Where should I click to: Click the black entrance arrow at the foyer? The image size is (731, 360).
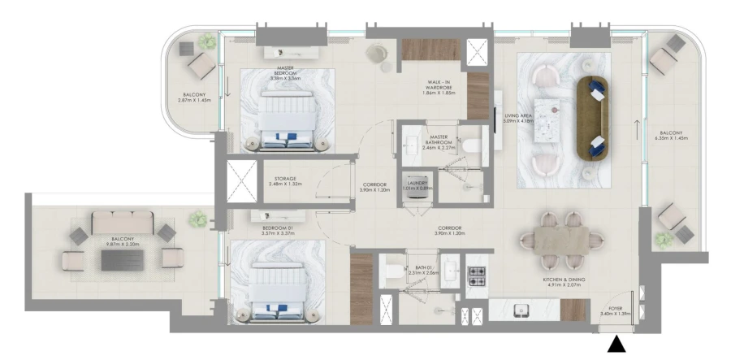coord(618,345)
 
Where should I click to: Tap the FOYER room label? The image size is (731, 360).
coord(616,310)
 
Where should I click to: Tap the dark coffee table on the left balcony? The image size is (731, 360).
coord(121,259)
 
